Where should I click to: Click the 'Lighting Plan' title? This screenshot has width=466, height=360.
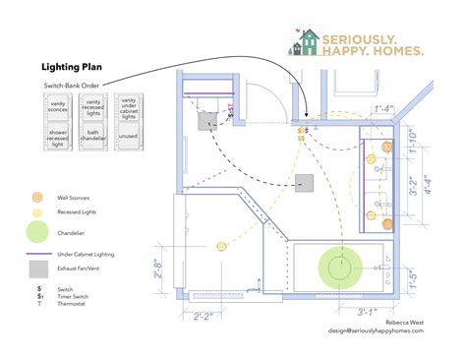pyautogui.click(x=70, y=68)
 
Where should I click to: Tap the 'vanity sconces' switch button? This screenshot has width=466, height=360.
pyautogui.click(x=58, y=106)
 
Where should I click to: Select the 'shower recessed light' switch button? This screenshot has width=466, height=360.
pyautogui.click(x=58, y=140)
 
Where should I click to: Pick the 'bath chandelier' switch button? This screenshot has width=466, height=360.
pyautogui.click(x=93, y=140)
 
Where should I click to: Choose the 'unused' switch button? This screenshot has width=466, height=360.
pyautogui.click(x=128, y=140)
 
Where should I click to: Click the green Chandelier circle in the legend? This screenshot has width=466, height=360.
pyautogui.click(x=37, y=232)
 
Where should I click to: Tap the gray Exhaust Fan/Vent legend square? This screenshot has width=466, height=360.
pyautogui.click(x=37, y=269)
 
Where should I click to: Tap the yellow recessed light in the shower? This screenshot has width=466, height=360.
pyautogui.click(x=223, y=245)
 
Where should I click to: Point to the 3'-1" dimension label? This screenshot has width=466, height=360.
pyautogui.click(x=367, y=312)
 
